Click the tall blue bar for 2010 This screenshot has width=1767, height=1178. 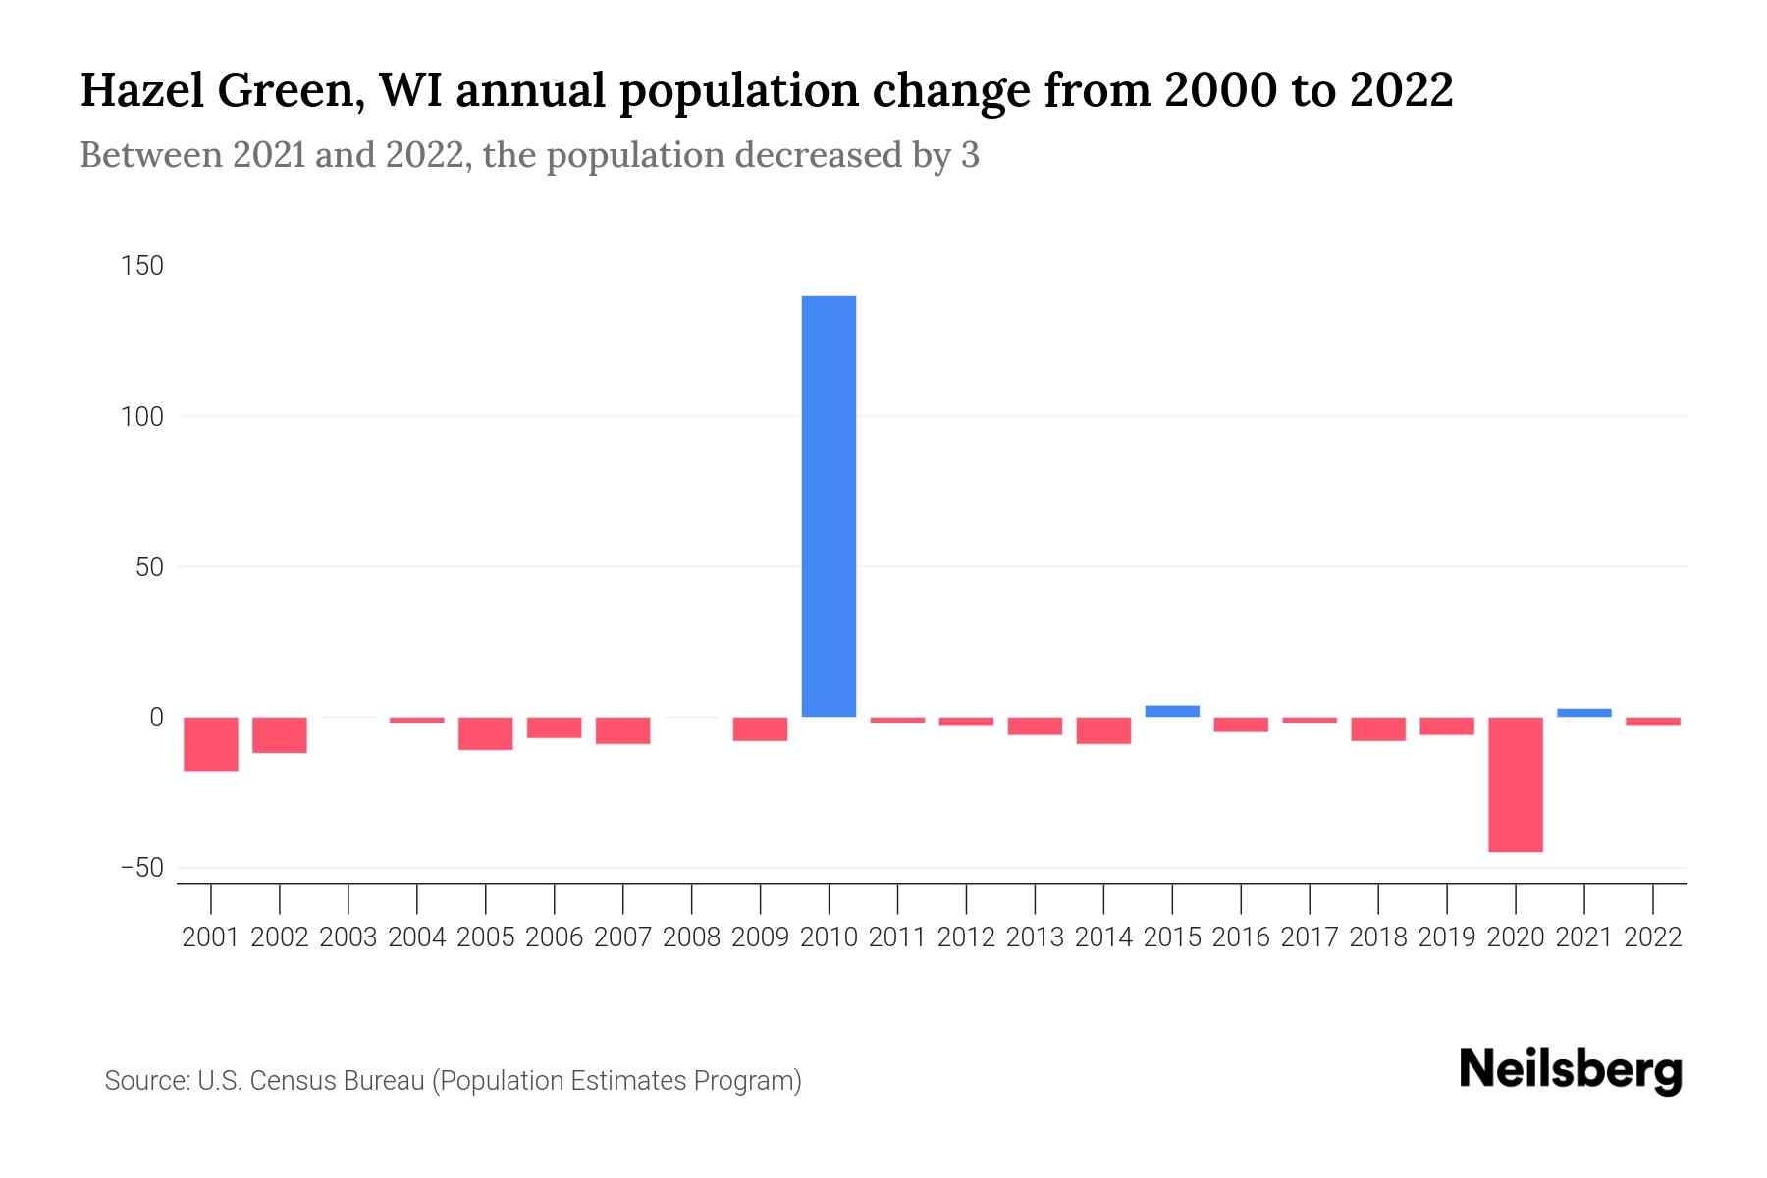[829, 506]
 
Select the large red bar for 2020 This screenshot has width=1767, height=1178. [1515, 784]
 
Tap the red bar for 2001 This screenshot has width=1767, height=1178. [211, 743]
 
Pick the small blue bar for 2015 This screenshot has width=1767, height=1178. [1172, 711]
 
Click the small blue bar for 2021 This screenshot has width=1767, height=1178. [1583, 713]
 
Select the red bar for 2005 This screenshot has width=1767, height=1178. [486, 733]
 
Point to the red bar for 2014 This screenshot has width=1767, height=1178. [1103, 730]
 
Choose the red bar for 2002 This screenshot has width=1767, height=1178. [280, 734]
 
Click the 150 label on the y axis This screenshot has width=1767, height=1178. [142, 266]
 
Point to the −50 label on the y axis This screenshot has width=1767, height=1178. [141, 868]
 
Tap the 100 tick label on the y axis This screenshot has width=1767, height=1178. [142, 416]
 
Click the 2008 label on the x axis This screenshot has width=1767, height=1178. [691, 937]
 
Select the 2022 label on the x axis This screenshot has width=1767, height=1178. [1652, 937]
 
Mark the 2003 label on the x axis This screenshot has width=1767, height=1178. [348, 937]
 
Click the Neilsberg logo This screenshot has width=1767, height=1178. [1571, 1071]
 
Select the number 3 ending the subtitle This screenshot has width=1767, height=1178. [969, 155]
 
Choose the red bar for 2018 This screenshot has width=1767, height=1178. [1377, 728]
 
